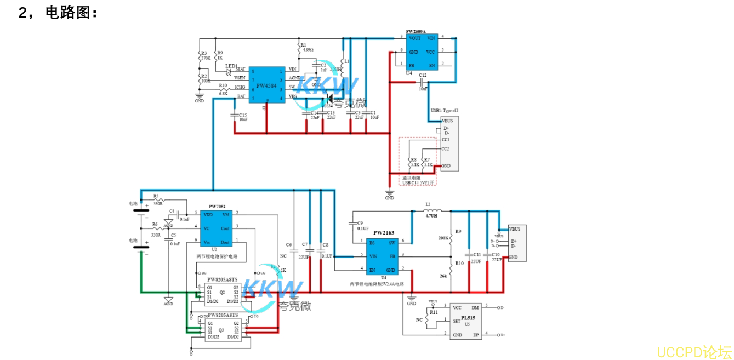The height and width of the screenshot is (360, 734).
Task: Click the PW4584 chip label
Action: pyautogui.click(x=266, y=85)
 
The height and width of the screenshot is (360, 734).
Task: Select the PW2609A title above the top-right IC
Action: pyautogui.click(x=416, y=32)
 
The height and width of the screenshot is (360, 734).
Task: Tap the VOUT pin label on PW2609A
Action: pyautogui.click(x=414, y=38)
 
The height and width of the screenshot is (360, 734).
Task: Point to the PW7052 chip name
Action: pyautogui.click(x=217, y=207)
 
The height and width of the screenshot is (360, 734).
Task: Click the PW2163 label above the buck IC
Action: pyautogui.click(x=384, y=233)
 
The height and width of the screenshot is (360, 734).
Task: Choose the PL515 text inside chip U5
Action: pyautogui.click(x=468, y=317)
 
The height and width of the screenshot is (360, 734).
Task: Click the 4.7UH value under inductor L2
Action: pyautogui.click(x=432, y=216)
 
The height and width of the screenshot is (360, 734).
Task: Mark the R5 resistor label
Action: pyautogui.click(x=156, y=196)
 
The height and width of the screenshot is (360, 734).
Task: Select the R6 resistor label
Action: pyautogui.click(x=155, y=224)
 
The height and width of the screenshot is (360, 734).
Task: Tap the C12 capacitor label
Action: pyautogui.click(x=422, y=75)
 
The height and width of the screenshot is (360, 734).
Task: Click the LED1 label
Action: pyautogui.click(x=231, y=66)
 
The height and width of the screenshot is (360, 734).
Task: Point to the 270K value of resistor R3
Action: pyautogui.click(x=206, y=58)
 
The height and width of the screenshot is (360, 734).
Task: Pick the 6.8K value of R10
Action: pyautogui.click(x=223, y=94)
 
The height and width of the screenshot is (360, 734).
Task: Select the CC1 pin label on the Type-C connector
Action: pyautogui.click(x=445, y=140)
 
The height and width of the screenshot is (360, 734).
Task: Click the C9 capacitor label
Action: pyautogui.click(x=360, y=223)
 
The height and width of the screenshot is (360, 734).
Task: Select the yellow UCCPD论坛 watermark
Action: pyautogui.click(x=694, y=351)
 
